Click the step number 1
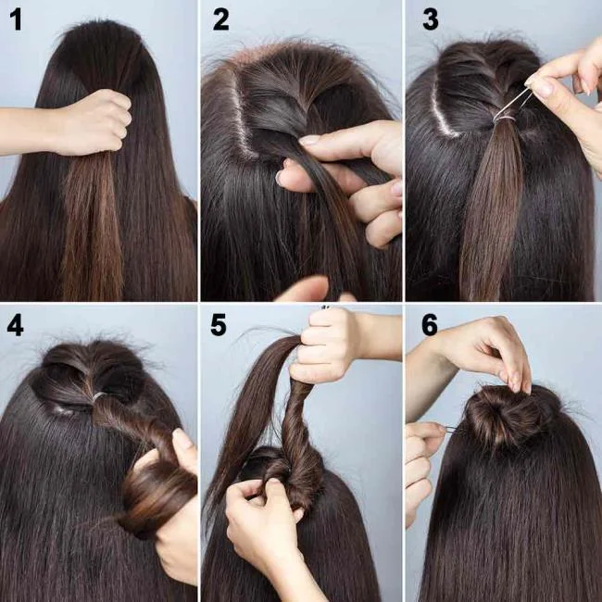pos(17,19)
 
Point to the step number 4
pos(17,325)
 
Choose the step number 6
pos(430,325)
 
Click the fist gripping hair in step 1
pos(93,122)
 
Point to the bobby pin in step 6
pos(450,428)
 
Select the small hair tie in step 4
pos(99,396)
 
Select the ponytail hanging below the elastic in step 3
pos(490,213)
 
